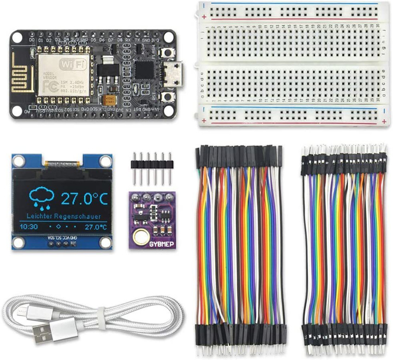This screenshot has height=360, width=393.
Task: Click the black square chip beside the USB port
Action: tap(144, 70)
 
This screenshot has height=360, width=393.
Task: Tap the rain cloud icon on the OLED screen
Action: tap(42, 197)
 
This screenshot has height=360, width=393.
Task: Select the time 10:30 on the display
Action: tap(29, 227)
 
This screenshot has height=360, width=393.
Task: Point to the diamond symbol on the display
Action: tap(58, 227)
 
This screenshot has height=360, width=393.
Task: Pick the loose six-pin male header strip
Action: tap(152, 166)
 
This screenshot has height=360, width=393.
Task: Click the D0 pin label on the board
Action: tap(31, 40)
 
